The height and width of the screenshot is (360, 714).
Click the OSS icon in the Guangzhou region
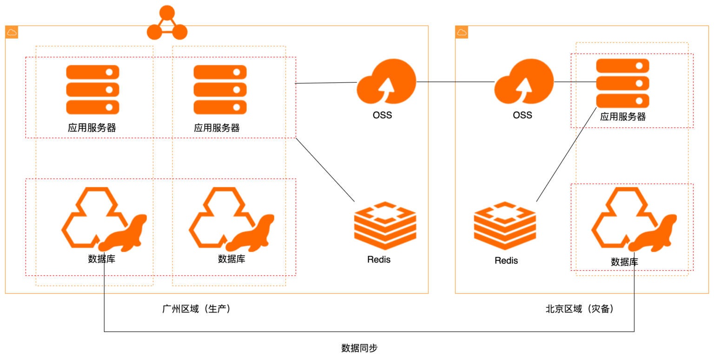pyautogui.click(x=387, y=82)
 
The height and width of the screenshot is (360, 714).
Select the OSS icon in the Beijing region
pyautogui.click(x=524, y=82)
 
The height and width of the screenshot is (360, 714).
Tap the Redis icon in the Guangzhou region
pyautogui.click(x=385, y=225)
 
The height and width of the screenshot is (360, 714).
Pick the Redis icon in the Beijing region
pyautogui.click(x=505, y=225)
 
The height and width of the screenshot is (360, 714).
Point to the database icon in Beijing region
pyautogui.click(x=634, y=220)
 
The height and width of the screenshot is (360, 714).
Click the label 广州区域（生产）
pyautogui.click(x=196, y=309)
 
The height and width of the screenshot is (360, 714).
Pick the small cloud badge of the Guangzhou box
pyautogui.click(x=12, y=32)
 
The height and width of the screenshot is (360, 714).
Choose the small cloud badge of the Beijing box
pyautogui.click(x=462, y=32)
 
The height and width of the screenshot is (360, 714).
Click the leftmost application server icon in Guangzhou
pyautogui.click(x=93, y=89)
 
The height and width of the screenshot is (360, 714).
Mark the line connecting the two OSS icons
pyautogui.click(x=456, y=82)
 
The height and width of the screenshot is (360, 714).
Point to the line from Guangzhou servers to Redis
pyautogui.click(x=325, y=170)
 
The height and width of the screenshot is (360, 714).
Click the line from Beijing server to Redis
pyautogui.click(x=566, y=155)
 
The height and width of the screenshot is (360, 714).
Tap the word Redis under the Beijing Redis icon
pyautogui.click(x=506, y=260)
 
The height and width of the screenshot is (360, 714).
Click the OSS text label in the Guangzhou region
pyautogui.click(x=382, y=115)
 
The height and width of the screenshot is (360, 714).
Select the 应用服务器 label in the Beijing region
pyautogui.click(x=623, y=117)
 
